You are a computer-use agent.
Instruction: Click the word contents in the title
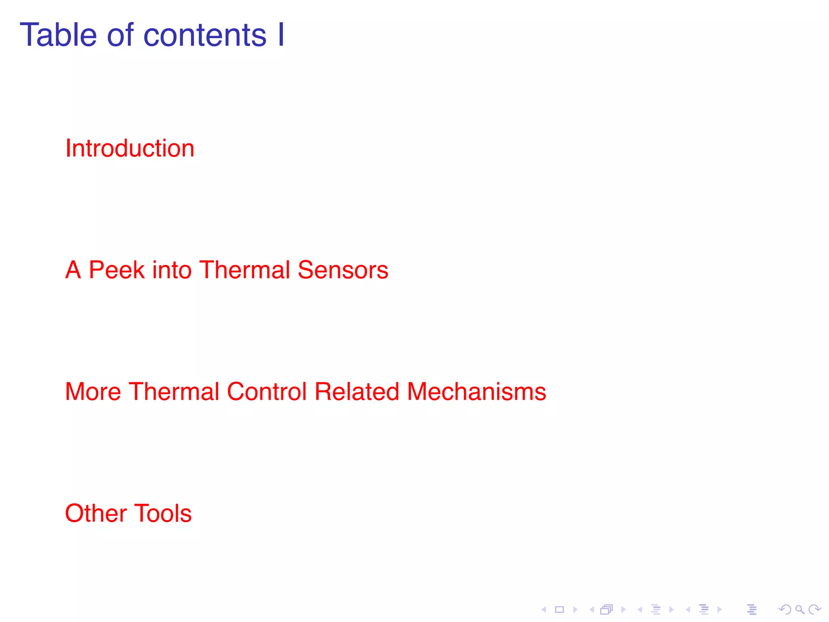click(205, 36)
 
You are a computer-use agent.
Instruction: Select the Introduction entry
click(130, 148)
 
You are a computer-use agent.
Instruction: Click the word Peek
click(117, 270)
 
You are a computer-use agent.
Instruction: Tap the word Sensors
click(343, 270)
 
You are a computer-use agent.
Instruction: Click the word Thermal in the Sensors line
click(245, 270)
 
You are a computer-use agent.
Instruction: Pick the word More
click(93, 392)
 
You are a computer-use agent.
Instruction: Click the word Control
click(267, 392)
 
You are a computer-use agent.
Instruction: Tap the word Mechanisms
click(476, 392)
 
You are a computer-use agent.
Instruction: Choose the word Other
click(96, 513)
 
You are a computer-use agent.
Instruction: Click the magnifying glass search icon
click(799, 609)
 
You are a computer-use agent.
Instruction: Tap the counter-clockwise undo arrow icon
click(784, 609)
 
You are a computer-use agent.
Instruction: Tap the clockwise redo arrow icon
click(814, 609)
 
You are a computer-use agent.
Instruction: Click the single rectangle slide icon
click(559, 609)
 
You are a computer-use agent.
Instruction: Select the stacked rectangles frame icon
click(606, 609)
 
